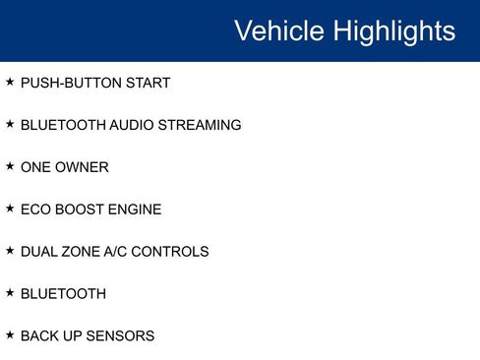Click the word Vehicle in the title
pyautogui.click(x=279, y=30)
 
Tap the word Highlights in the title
pyautogui.click(x=393, y=30)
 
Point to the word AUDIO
pyautogui.click(x=131, y=125)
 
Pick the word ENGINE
pyautogui.click(x=135, y=210)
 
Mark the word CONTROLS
pyautogui.click(x=171, y=252)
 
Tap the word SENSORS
pyautogui.click(x=121, y=335)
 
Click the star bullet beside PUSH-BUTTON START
pyautogui.click(x=10, y=82)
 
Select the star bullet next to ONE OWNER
pyautogui.click(x=10, y=166)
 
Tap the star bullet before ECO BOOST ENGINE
pyautogui.click(x=10, y=209)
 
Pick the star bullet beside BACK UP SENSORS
pyautogui.click(x=10, y=334)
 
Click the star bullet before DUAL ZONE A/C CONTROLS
pyautogui.click(x=10, y=251)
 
